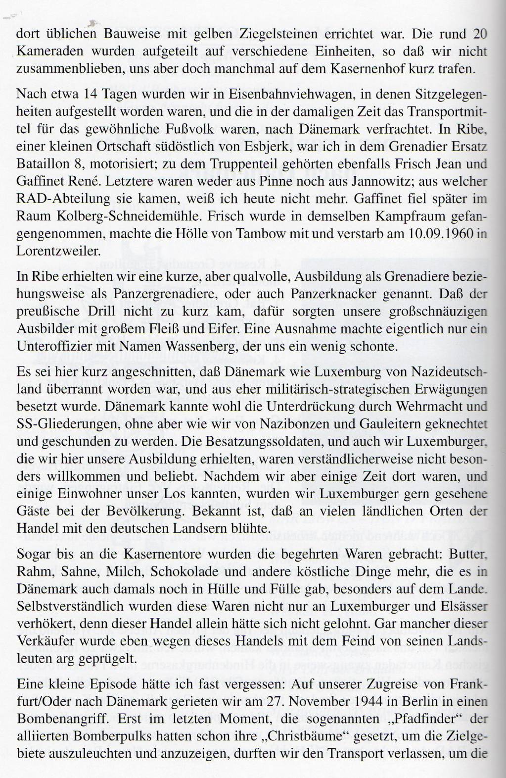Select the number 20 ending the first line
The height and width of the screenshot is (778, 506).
click(480, 34)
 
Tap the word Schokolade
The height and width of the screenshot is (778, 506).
click(190, 571)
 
